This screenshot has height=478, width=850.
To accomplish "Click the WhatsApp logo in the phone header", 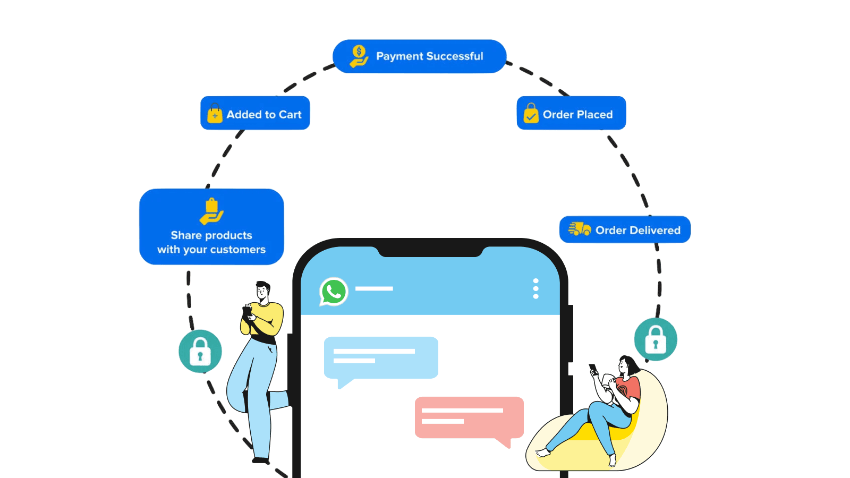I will click(334, 292).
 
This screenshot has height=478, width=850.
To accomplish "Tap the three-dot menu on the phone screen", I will click(535, 288).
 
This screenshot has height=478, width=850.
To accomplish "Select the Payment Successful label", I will click(429, 56).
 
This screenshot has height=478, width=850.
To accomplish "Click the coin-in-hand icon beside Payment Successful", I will click(359, 56).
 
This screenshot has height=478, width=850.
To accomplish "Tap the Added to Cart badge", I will click(255, 113).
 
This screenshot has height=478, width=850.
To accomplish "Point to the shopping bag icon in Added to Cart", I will click(215, 114).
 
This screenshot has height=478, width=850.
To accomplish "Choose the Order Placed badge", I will click(571, 113).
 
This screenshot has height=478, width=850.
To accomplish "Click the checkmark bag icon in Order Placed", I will click(531, 114).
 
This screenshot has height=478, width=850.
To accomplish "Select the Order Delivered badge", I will click(625, 229).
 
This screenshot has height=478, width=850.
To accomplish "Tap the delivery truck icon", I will click(580, 229).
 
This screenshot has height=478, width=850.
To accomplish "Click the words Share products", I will click(211, 235).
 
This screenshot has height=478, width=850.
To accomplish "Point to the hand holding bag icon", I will click(211, 211).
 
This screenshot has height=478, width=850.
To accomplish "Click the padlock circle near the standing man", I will click(200, 351).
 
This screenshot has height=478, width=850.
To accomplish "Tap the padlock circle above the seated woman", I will click(656, 339).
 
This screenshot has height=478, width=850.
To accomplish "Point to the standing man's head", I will click(262, 290).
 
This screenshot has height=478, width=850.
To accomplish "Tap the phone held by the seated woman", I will click(593, 368).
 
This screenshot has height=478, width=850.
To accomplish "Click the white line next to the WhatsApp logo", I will click(374, 288).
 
